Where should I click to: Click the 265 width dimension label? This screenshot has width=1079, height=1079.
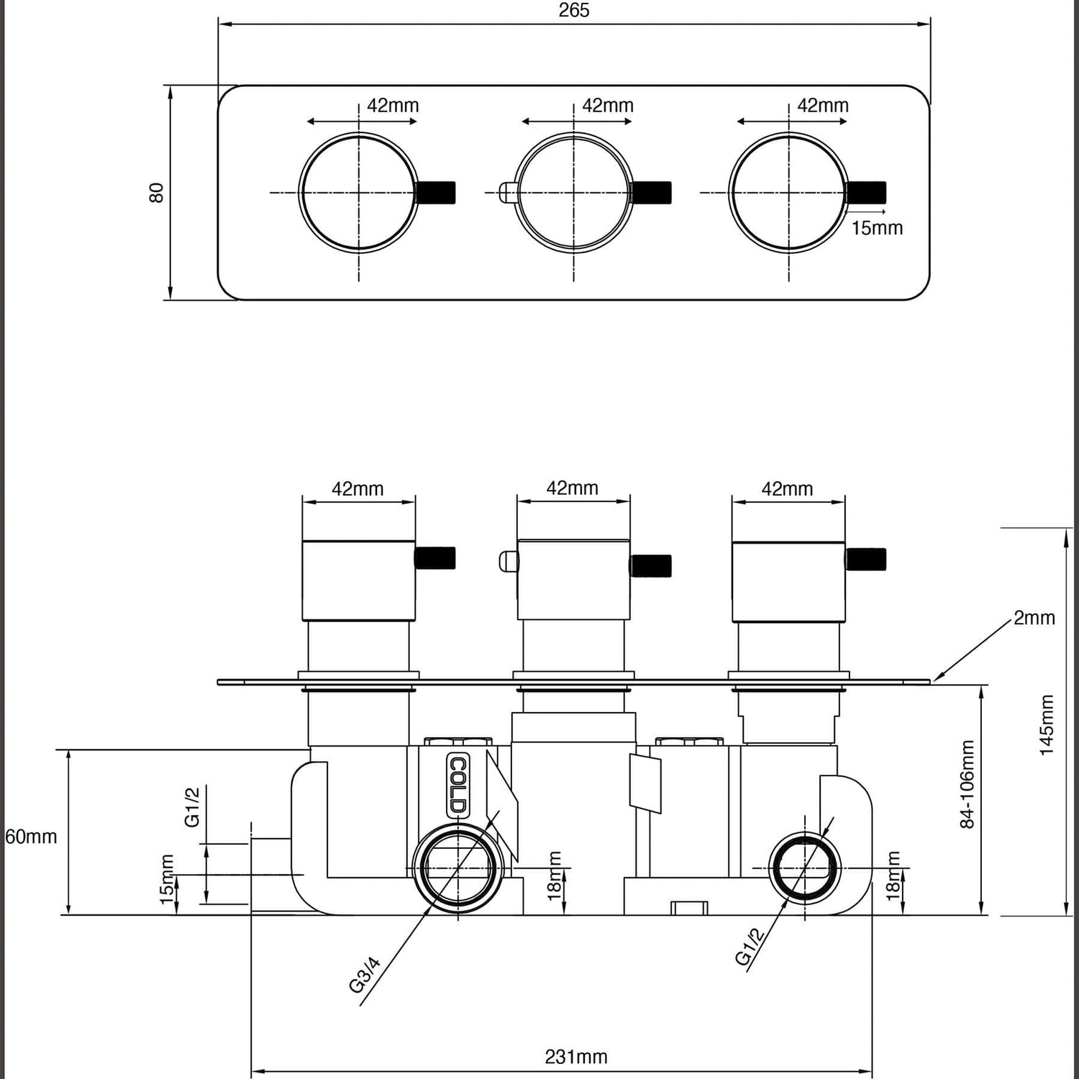[573, 10]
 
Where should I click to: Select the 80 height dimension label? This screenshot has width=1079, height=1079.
[156, 192]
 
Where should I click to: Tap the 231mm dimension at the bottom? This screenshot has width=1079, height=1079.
[575, 1057]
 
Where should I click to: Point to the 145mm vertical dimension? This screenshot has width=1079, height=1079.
[1047, 724]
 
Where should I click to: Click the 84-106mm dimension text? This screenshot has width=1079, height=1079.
[968, 784]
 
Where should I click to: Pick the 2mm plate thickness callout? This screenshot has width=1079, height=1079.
[1034, 618]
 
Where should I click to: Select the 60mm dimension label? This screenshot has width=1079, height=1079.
[31, 837]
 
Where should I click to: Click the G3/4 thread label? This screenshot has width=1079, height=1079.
[365, 975]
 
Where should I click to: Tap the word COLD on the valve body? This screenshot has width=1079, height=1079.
[457, 786]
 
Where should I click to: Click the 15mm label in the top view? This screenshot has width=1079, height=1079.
[876, 228]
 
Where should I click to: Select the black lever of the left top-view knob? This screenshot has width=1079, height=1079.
[436, 193]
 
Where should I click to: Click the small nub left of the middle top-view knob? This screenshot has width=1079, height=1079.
[507, 192]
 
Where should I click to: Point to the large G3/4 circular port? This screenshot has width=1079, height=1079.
[458, 868]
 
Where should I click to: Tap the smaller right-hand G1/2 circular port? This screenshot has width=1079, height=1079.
[804, 868]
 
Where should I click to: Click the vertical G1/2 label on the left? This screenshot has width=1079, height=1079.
[192, 806]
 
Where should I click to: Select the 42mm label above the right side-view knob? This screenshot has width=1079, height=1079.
[787, 489]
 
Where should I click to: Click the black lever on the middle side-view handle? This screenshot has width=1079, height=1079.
[651, 566]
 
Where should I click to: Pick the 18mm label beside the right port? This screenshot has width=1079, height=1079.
[893, 875]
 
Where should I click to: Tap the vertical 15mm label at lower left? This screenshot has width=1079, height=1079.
[167, 879]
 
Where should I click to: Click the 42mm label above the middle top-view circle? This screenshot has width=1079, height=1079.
[607, 106]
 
